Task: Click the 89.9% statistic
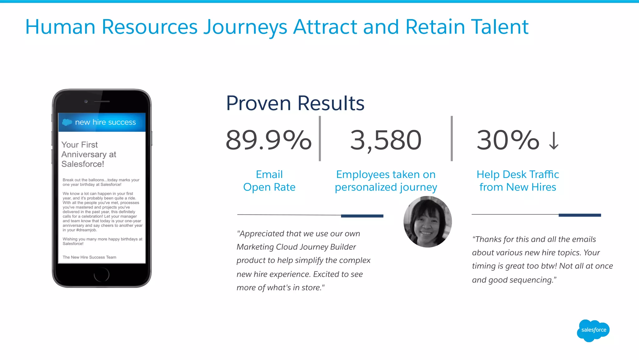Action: point(268,140)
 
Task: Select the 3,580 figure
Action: point(386,140)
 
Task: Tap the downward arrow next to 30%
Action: point(554,141)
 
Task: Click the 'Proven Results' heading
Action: point(295,103)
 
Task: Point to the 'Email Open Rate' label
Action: point(269,180)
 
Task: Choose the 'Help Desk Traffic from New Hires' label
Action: point(518,180)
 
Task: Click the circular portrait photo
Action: point(427,222)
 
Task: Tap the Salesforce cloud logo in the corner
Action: point(593,330)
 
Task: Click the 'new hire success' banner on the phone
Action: point(102,122)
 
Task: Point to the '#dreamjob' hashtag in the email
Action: point(86,230)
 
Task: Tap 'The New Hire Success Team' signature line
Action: point(89,257)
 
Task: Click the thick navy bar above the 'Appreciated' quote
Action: point(362,216)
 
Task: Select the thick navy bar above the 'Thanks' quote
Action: point(579,215)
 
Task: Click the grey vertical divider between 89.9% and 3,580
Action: point(320,139)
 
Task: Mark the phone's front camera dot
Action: point(86,101)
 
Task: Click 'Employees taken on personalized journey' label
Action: point(386,180)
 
